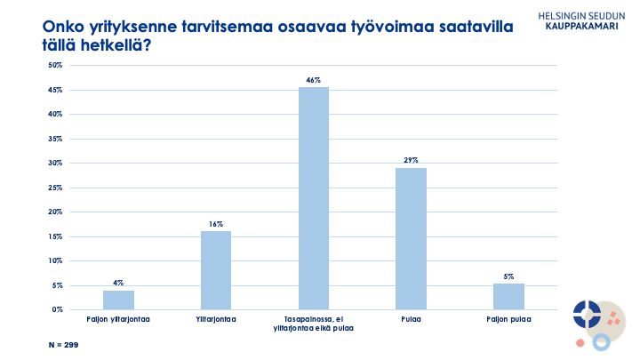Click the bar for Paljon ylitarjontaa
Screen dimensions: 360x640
coord(118,300)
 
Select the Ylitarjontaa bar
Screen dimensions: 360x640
coord(216,270)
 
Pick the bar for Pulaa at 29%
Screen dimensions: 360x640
coord(412,238)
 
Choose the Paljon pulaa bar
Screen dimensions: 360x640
coord(508,297)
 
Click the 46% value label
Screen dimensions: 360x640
coord(314,80)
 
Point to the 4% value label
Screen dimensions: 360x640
coord(118,284)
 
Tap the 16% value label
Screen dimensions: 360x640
coord(216,225)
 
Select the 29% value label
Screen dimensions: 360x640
coord(412,161)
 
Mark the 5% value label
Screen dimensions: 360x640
coord(508,276)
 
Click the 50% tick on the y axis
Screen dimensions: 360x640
coord(54,66)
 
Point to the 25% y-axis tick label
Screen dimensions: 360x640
coord(54,188)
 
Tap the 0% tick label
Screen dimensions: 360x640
coord(56,309)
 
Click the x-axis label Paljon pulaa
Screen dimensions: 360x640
coord(508,317)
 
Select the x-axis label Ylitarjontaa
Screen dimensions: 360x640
coord(216,317)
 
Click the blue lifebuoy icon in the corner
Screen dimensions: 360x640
coord(586,313)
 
